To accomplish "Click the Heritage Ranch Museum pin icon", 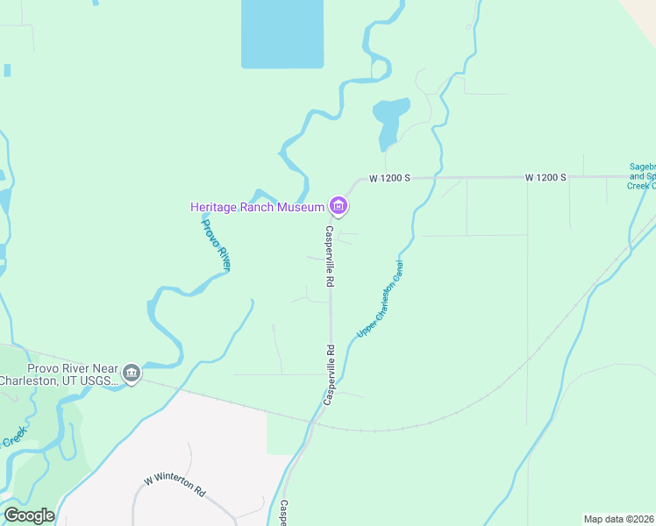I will point(339,207).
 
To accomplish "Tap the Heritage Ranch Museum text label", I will point(257,207).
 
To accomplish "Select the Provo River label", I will point(216,245).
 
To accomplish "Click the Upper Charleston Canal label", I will point(380,298).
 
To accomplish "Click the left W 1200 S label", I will point(389,177).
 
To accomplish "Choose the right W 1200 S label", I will point(545,177).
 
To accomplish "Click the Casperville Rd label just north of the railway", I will point(330,374).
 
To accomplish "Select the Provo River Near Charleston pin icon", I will point(132,373).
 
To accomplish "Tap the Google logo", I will point(29,515).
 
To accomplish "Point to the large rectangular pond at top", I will point(282,33).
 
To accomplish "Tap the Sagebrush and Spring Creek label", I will point(643,175).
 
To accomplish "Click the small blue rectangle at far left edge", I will point(7,70).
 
